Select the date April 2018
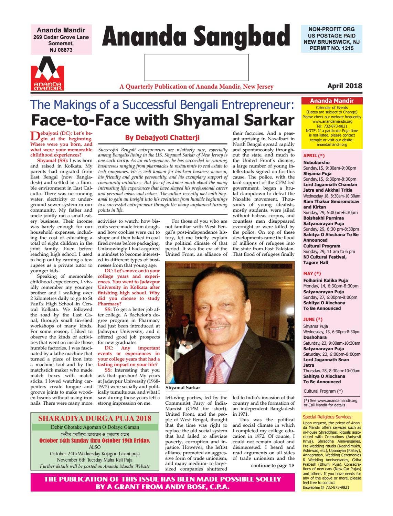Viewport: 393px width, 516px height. pos(344,86)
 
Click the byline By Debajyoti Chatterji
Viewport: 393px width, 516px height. pos(162,138)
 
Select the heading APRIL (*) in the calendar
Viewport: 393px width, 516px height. pos(314,155)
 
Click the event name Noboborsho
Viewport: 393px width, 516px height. pos(316,162)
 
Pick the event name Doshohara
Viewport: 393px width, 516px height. pos(315,337)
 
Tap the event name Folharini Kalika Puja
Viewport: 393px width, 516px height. pos(325,281)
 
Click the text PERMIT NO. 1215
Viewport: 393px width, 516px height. pos(331,48)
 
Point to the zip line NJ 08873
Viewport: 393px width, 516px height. pos(61,50)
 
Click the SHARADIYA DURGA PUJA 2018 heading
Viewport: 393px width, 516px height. pos(95,419)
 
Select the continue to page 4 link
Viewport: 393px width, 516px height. pos(273,466)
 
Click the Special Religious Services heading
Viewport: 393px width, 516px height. pos(327,417)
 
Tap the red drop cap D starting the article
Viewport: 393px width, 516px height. pos(34,135)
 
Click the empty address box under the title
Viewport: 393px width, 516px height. pos(196,67)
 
